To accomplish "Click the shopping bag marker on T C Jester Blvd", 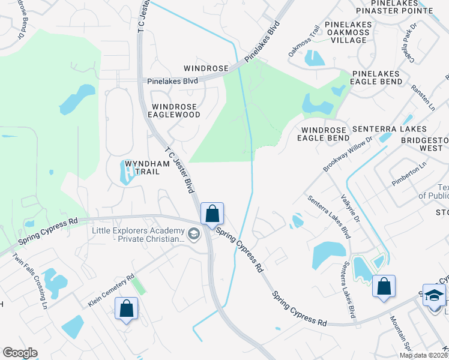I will pyautogui.click(x=212, y=214).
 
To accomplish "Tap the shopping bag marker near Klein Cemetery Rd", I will pyautogui.click(x=127, y=309).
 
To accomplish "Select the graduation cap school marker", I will pyautogui.click(x=434, y=296).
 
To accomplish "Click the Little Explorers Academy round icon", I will pyautogui.click(x=193, y=235).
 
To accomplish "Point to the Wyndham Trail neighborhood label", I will pyautogui.click(x=142, y=167).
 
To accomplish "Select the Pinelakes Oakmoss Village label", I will pyautogui.click(x=345, y=32).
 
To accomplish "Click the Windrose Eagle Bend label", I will pyautogui.click(x=325, y=134).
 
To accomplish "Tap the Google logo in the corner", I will pyautogui.click(x=20, y=353).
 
